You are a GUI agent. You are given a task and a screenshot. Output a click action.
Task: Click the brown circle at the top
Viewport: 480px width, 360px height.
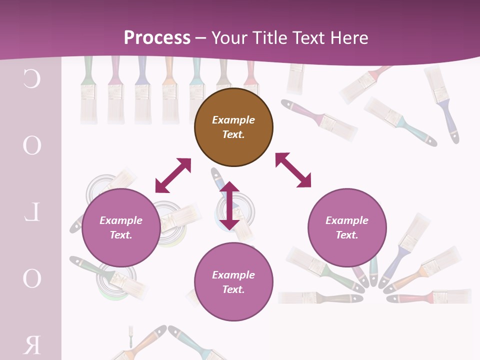(x=233, y=127)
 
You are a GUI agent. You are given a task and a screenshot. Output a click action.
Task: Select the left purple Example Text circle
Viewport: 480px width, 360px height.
(x=121, y=227)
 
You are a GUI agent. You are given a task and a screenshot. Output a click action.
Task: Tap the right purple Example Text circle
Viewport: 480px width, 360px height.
(x=347, y=227)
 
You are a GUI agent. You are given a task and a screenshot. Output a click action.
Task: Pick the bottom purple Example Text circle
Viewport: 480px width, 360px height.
(x=233, y=282)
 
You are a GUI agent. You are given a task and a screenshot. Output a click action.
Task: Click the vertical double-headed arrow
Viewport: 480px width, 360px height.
(x=229, y=205)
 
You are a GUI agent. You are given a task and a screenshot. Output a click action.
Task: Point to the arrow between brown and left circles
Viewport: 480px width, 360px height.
(x=173, y=175)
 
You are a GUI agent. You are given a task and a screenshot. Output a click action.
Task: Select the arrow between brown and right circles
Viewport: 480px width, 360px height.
(x=293, y=170)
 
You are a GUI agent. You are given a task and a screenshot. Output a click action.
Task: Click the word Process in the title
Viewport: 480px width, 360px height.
(x=157, y=37)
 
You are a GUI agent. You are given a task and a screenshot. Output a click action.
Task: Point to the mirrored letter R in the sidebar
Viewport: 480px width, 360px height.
(x=31, y=345)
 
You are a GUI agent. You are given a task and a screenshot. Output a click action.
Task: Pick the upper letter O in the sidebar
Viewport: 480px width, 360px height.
(x=31, y=145)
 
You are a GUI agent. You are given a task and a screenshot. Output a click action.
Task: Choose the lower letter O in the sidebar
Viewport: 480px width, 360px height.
(x=31, y=278)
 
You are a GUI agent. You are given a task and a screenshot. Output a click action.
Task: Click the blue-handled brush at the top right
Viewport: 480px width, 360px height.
(x=442, y=102)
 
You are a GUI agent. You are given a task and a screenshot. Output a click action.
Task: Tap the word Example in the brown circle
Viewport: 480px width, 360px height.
(x=233, y=120)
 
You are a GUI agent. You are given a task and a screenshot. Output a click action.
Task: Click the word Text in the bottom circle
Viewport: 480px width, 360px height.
(x=233, y=289)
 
